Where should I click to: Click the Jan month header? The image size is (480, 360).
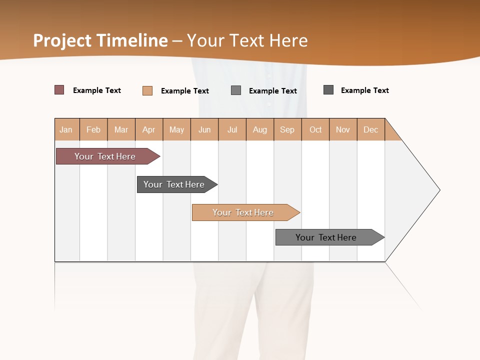coord(66,129)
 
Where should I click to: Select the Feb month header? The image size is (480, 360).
coord(93,129)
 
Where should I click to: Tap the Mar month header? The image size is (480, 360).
coord(121,129)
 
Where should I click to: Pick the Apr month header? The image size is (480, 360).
coord(149,129)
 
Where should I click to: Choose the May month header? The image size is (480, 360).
coord(176,129)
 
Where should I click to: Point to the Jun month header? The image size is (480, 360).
coord(204,129)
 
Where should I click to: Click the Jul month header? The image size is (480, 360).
coord(232,129)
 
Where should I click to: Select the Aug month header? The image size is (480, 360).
coord(260,129)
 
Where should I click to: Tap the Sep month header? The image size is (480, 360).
coord(287,129)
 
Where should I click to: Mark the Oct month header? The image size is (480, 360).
coord(315,129)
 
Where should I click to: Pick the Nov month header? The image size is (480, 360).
coord(343,129)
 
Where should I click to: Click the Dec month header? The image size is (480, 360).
coord(371,129)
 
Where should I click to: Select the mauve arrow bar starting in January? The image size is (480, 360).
coord(105,156)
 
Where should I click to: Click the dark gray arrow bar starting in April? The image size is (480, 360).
coord(174,184)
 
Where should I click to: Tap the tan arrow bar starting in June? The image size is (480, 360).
coord(243,212)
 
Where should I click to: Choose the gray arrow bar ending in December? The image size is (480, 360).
coord(326,237)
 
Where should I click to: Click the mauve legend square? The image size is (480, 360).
coord(59,90)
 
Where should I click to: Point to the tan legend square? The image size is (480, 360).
coord(147,90)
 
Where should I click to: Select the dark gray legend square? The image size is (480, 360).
coord(328,90)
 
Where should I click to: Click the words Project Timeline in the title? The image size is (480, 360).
coord(100,40)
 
